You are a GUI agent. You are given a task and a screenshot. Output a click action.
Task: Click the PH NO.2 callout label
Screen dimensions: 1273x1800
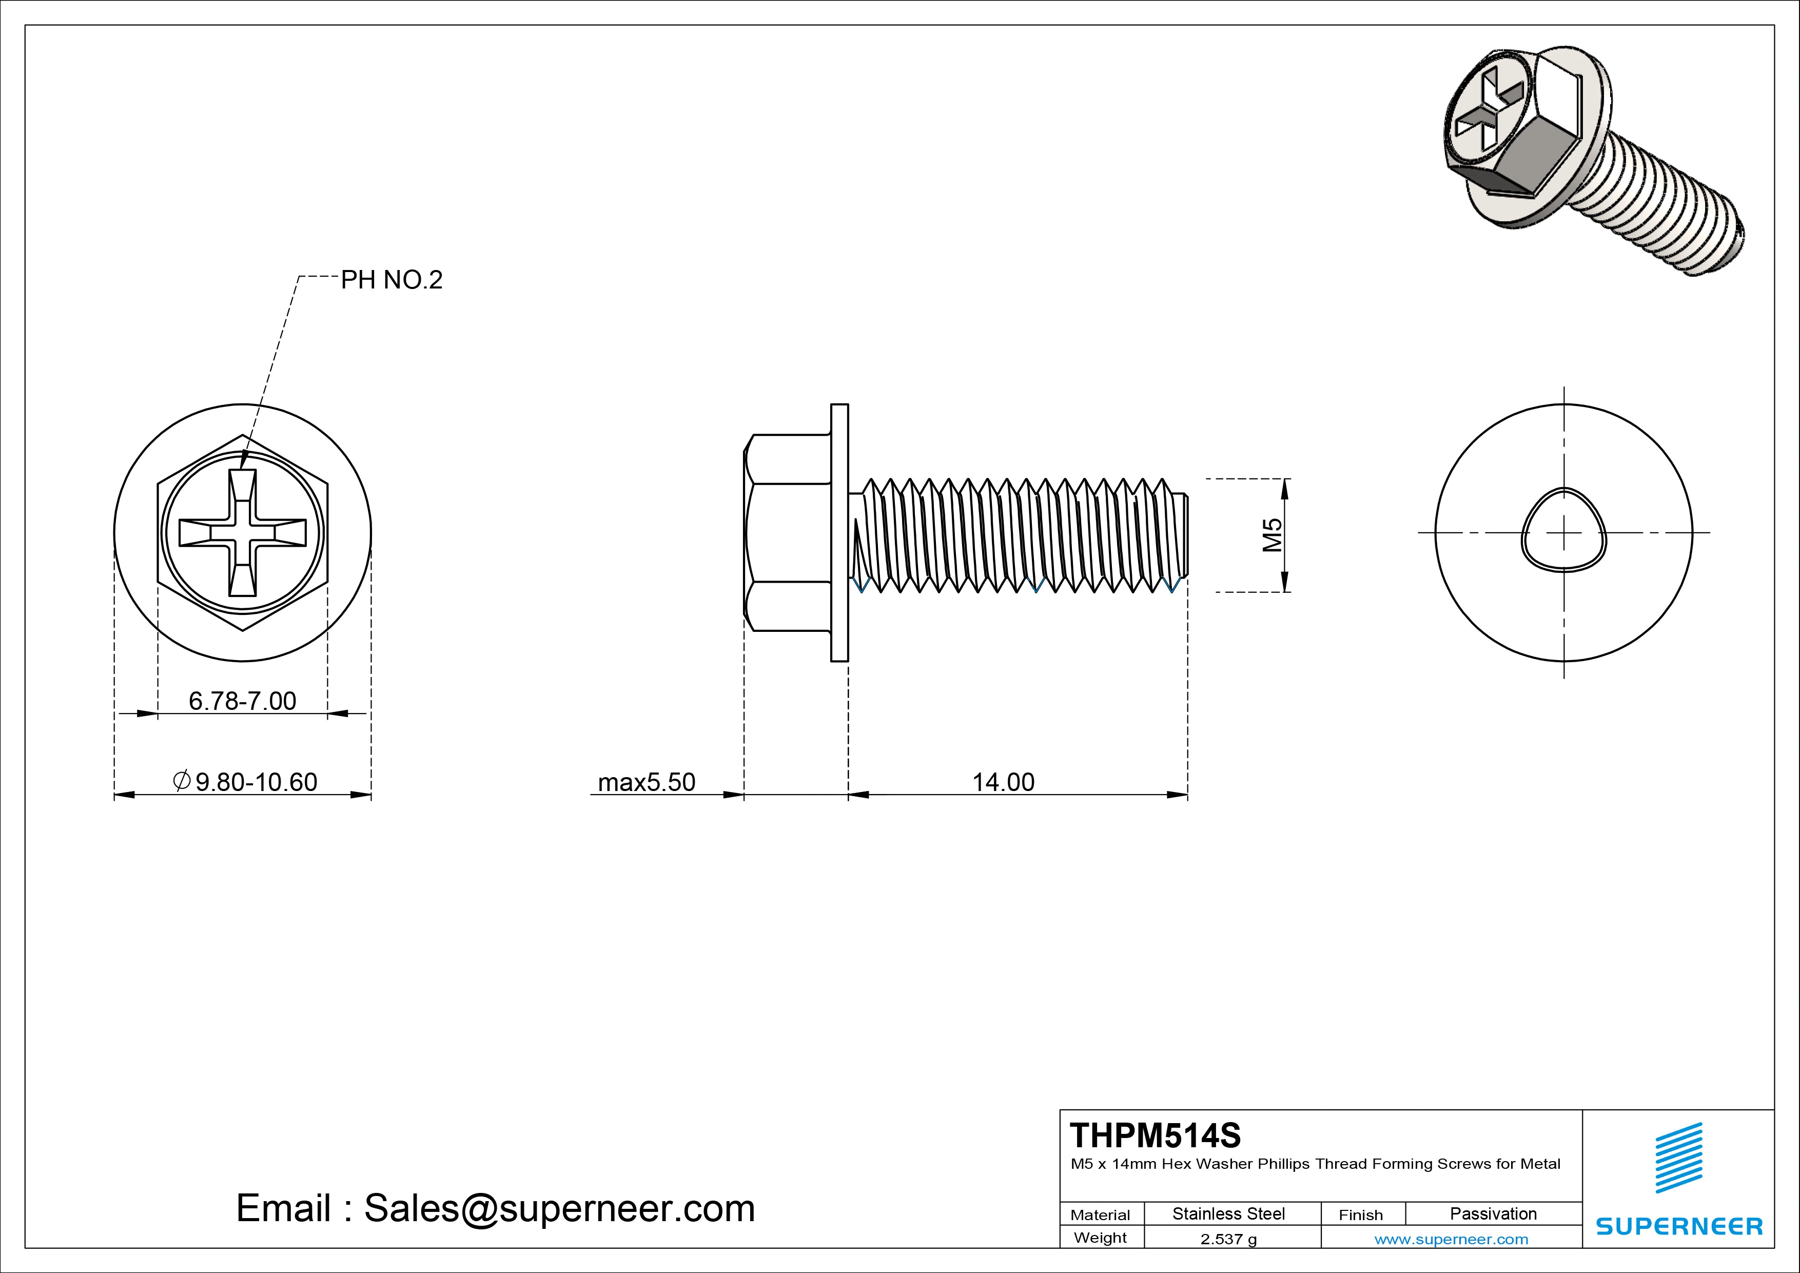point(391,280)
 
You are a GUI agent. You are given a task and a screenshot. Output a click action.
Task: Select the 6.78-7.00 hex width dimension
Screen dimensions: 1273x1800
point(242,701)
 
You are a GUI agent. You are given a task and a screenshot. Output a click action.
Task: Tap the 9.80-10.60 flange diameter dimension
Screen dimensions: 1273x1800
point(246,782)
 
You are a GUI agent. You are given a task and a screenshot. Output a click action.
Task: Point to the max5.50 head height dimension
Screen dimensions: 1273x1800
point(646,782)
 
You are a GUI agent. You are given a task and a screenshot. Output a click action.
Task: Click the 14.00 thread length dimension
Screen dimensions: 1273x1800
point(1004,782)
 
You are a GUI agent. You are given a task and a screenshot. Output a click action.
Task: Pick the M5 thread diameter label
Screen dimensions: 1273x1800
point(1271,535)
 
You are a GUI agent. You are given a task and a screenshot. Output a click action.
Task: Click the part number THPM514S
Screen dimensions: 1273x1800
point(1155,1135)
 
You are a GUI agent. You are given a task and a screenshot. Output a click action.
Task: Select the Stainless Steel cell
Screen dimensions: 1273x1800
point(1228,1213)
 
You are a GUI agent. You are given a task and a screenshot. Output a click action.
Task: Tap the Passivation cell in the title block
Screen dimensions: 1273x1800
point(1493,1213)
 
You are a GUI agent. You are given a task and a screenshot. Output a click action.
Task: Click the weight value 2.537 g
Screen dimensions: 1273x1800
point(1228,1239)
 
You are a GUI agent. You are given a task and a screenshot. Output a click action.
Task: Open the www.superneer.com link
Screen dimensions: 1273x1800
point(1451,1239)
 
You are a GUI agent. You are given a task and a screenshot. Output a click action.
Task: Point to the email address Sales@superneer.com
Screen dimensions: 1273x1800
point(496,1208)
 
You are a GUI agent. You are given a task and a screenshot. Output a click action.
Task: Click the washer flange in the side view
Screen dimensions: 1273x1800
point(839,533)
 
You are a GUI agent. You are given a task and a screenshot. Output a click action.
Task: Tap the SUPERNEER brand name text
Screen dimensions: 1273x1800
point(1678,1226)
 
